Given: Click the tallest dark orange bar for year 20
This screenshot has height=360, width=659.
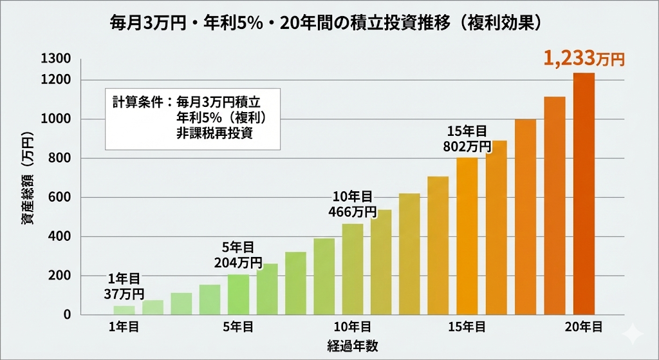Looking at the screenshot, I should (x=584, y=193).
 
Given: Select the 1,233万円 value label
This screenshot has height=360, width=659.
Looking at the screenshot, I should (x=584, y=59).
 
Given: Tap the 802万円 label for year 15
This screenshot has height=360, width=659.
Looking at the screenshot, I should (x=467, y=146).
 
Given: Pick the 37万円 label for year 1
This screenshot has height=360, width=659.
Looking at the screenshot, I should (x=124, y=294).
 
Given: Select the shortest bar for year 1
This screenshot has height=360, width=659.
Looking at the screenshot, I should (x=124, y=310).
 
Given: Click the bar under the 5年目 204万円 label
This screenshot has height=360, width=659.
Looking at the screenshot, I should (x=238, y=294).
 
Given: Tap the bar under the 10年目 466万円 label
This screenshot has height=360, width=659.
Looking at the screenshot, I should (x=352, y=269).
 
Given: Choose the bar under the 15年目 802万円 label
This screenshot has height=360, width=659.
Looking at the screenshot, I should (x=467, y=236).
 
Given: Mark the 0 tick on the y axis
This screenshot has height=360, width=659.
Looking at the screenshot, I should (x=67, y=315).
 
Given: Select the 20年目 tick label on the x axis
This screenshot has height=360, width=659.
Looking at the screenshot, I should (x=584, y=328).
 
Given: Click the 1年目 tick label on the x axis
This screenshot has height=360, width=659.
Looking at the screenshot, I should (x=124, y=328).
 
